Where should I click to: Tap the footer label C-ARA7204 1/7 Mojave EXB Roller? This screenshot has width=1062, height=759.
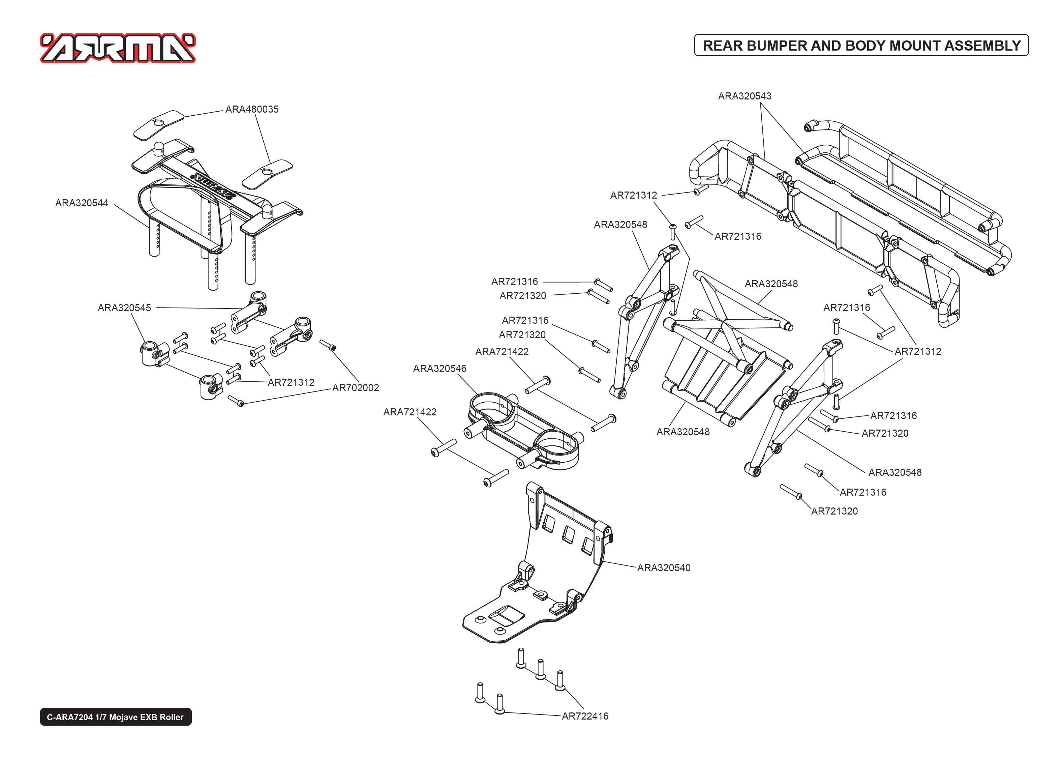pyautogui.click(x=115, y=717)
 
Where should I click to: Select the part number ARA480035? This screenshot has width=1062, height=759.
pyautogui.click(x=252, y=109)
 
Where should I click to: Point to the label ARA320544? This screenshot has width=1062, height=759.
pyautogui.click(x=82, y=203)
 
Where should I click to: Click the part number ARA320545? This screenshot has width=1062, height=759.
pyautogui.click(x=124, y=308)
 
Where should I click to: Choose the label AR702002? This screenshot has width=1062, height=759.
pyautogui.click(x=355, y=387)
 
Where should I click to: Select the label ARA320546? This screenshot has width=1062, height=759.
pyautogui.click(x=439, y=368)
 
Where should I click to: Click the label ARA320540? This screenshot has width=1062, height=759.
pyautogui.click(x=664, y=567)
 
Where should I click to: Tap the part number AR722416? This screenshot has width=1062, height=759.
pyautogui.click(x=585, y=716)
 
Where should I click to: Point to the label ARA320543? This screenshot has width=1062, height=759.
pyautogui.click(x=745, y=96)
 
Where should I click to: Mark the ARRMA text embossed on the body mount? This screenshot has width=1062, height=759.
pyautogui.click(x=215, y=187)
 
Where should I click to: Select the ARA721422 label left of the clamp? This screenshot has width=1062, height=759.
pyautogui.click(x=409, y=412)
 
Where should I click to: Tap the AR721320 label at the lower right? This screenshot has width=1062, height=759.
pyautogui.click(x=834, y=511)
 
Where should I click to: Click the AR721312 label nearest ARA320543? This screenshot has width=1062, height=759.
pyautogui.click(x=633, y=195)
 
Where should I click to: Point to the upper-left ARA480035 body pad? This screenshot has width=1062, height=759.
pyautogui.click(x=159, y=125)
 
